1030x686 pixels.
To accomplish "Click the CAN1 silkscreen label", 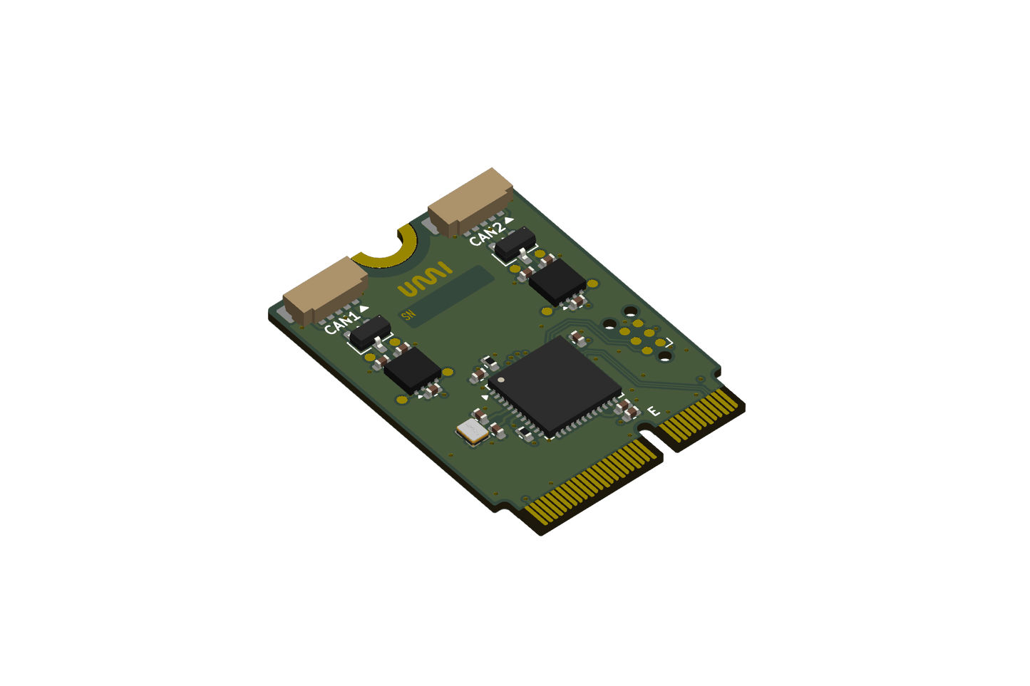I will point(341,323).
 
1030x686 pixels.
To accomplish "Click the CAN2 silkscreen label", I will point(486,233).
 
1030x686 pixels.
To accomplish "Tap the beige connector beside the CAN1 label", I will point(324,291).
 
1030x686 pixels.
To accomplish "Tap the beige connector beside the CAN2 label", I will point(470,202).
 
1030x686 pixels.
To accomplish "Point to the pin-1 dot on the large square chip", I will point(501,380).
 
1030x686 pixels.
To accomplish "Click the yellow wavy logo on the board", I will point(425,280).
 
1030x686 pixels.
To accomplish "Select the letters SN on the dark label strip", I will point(408,316).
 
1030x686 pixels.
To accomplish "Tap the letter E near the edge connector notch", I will point(652,411).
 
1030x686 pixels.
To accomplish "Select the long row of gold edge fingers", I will point(593,484).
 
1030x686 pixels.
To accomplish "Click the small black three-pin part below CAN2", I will point(515,244).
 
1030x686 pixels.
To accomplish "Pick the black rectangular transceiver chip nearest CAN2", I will point(557,281).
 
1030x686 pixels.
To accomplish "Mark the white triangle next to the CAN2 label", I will point(509,220).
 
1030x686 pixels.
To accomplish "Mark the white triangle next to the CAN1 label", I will point(364,309).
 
